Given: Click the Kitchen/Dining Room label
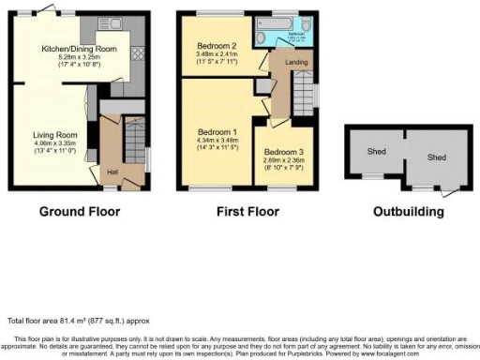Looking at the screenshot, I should pos(78,49).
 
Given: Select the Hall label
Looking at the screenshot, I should pos(112,172).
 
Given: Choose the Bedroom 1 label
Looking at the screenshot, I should pos(215,131).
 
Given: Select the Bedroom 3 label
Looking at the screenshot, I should pos(282,152).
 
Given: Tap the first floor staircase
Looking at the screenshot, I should pos(305,95).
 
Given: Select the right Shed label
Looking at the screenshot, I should pos(437,157).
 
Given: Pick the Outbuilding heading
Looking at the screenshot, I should pos(408,212).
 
